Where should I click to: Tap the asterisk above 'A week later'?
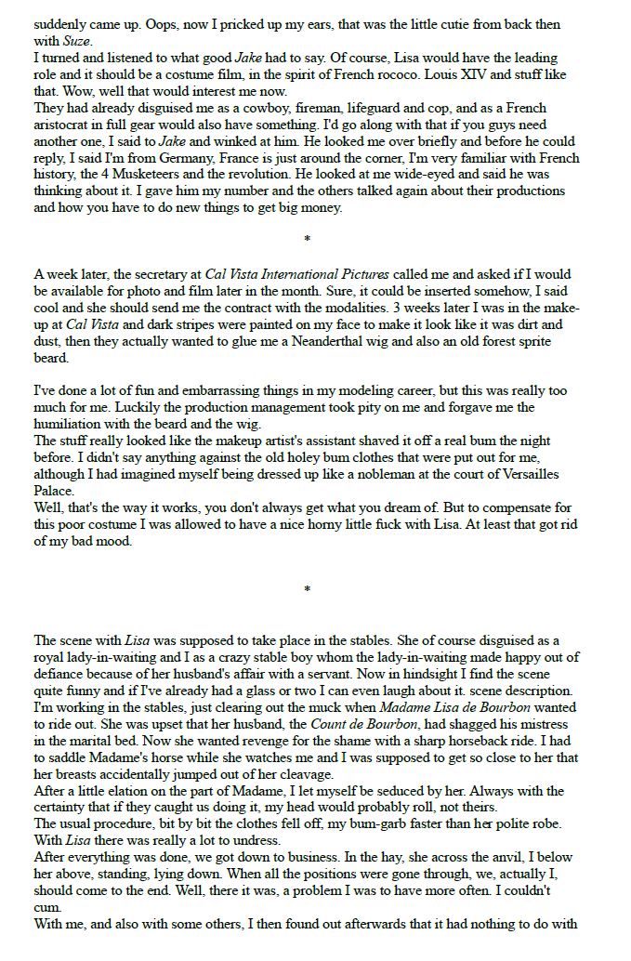(307, 241)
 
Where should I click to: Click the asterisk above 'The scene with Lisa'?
(307, 590)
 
